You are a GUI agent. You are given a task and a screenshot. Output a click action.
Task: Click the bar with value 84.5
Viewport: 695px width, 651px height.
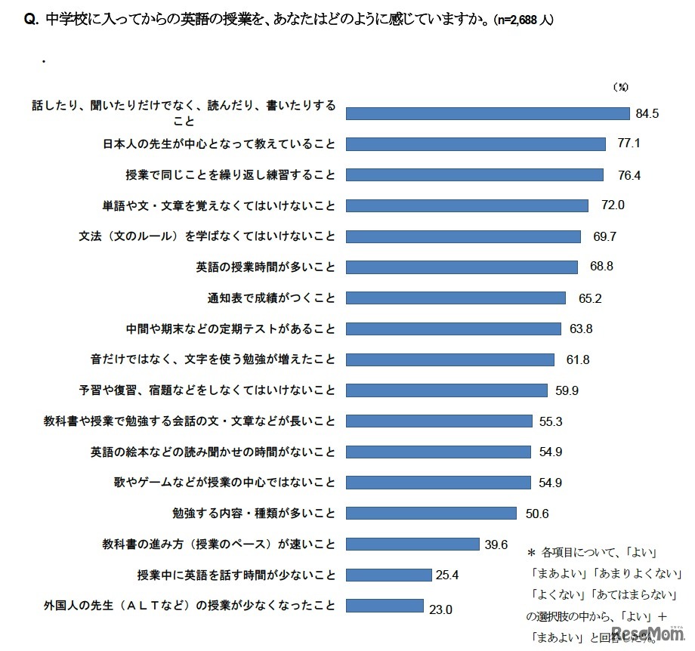[487, 113]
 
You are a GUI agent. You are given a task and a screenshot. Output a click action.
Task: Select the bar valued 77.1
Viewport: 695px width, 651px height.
[475, 143]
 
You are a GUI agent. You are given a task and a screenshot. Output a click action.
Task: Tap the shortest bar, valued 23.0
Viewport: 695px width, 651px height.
[385, 606]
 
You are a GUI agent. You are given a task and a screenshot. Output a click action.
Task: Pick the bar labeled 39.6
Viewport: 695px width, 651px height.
[412, 544]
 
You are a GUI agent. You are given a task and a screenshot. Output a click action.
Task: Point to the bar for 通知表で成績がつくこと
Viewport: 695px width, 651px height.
[456, 298]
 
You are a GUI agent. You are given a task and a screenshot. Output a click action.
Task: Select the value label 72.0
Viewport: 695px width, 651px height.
[613, 205]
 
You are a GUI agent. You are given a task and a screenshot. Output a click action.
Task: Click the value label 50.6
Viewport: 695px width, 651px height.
[537, 514]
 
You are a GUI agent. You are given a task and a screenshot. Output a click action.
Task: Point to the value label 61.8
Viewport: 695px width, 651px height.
[579, 359]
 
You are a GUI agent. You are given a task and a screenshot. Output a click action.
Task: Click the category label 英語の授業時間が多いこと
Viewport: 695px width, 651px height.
[265, 267]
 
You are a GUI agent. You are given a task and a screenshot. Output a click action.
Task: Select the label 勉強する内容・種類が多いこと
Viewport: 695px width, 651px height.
[254, 514]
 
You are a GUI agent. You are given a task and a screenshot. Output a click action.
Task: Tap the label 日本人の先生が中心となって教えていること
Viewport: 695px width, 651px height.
[218, 143]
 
